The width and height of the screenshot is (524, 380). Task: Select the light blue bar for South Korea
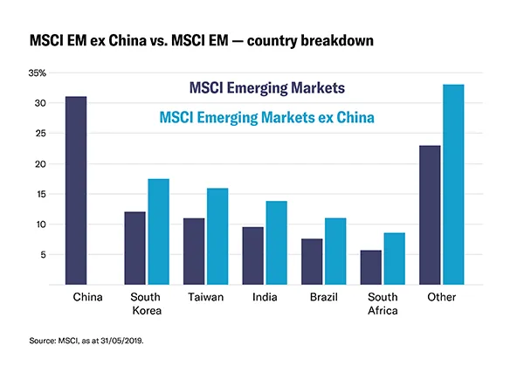pos(158,231)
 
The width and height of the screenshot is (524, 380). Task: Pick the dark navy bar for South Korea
pos(135,248)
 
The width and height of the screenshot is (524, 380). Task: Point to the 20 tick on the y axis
pos(46,163)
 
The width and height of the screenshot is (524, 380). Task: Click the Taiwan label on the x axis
pos(206,297)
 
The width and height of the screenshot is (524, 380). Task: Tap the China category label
pos(87,297)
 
